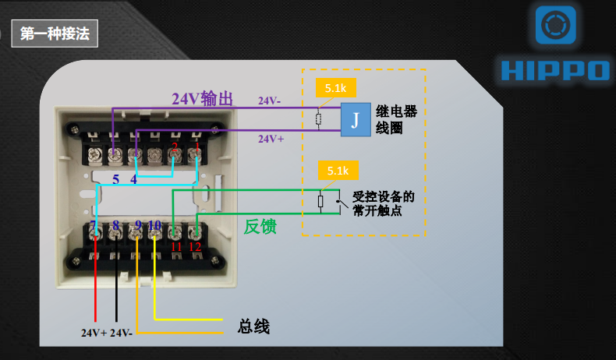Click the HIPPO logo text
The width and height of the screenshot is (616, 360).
click(554, 70)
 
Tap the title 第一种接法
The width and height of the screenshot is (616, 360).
click(51, 34)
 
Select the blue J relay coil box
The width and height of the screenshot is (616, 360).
click(355, 120)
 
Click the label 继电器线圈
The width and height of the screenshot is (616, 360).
click(396, 119)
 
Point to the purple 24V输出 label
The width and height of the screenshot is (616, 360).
click(203, 99)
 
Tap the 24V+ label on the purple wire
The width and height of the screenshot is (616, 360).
click(271, 138)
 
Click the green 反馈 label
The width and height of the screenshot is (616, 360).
click(261, 226)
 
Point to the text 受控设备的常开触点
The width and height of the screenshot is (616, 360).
click(383, 203)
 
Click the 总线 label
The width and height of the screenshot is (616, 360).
click(253, 326)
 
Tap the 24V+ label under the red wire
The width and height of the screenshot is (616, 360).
click(94, 333)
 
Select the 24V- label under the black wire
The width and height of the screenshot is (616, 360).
click(122, 333)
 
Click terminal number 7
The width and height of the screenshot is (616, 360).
click(94, 227)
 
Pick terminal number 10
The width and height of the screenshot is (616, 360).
click(154, 226)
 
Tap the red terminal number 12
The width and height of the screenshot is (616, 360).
click(196, 246)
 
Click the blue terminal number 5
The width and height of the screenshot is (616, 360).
click(115, 179)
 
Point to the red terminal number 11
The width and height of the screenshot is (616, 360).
click(175, 246)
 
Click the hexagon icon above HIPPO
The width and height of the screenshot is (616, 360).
click(556, 26)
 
